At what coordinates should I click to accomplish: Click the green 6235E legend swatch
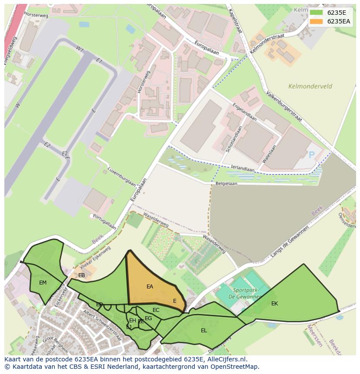click(x=317, y=13)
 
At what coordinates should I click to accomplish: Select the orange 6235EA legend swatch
click(x=317, y=21)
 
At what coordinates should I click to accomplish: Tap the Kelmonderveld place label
click(x=310, y=86)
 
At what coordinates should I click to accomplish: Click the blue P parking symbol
click(x=311, y=155)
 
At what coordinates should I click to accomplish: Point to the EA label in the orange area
click(x=150, y=287)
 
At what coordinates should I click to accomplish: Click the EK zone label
click(x=274, y=304)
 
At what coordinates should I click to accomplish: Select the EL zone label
click(x=203, y=331)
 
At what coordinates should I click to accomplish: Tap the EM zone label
click(x=43, y=283)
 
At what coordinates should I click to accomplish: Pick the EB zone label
click(x=82, y=275)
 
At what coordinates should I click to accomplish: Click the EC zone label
click(x=156, y=310)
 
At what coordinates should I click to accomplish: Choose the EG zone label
click(x=148, y=318)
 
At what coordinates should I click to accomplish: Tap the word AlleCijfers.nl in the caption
click(x=226, y=359)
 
